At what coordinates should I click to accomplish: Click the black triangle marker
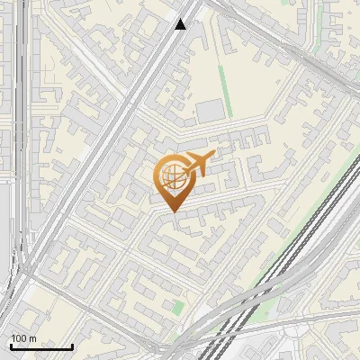coord(180,24)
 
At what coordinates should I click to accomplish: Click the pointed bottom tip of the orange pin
coord(173,211)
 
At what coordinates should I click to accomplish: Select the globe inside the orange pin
coord(171,175)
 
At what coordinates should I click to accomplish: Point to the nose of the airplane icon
coord(213,155)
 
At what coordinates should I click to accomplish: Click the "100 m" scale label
coord(23,338)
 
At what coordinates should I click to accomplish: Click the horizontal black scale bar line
coord(41,346)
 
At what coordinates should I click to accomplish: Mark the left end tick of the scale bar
coord(11,346)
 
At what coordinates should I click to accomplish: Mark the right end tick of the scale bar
coord(72,346)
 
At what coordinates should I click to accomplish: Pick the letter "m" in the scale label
coord(31,338)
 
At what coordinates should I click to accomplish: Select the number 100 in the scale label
coord(19,338)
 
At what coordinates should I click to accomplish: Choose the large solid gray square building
coord(211,111)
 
